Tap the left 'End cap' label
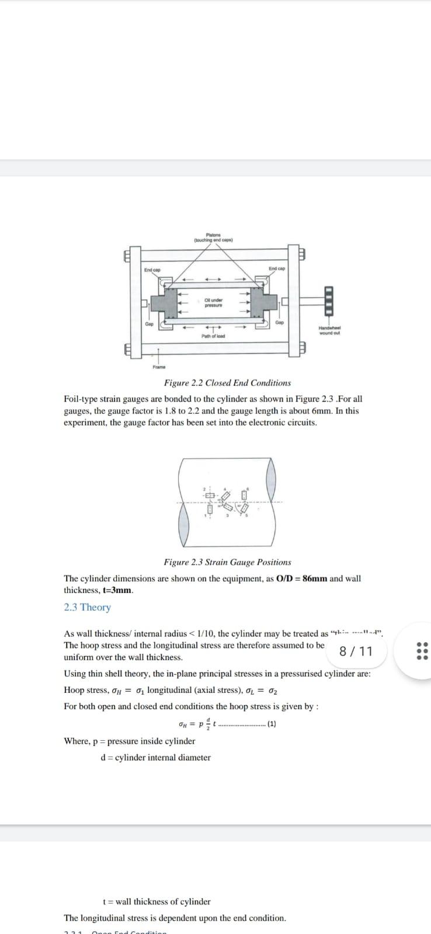152,270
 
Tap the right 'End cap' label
277,269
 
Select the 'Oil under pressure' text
213,302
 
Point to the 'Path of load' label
213,336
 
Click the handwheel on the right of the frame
328,301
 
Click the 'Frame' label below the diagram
159,367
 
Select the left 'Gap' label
150,324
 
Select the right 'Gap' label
279,322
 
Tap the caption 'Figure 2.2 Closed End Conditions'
227,383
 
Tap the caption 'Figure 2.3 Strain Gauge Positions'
227,562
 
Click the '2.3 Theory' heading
87,607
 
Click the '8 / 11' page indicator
356,651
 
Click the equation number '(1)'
271,724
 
